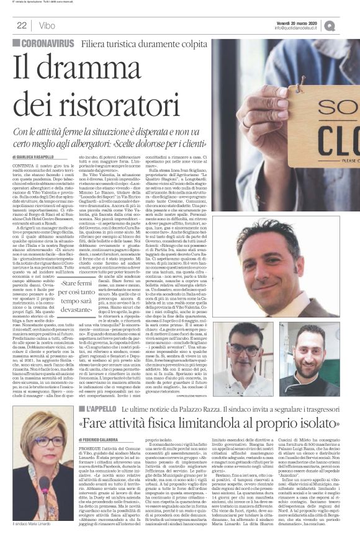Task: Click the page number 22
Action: (21, 25)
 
